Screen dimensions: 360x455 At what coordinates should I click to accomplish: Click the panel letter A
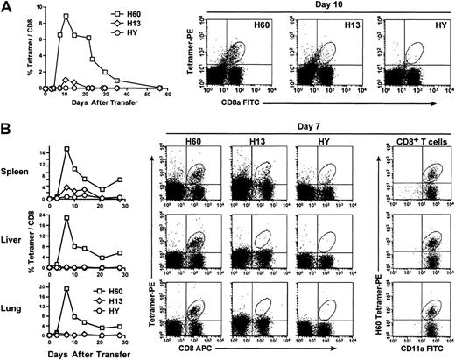6,7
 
